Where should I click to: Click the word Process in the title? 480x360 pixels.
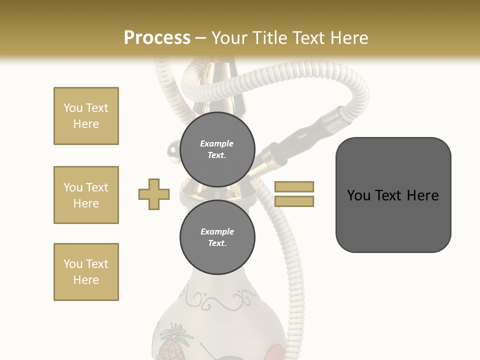157,38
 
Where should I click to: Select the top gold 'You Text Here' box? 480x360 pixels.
86,116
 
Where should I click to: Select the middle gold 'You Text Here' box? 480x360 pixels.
86,195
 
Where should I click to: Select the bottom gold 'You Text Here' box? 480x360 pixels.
86,272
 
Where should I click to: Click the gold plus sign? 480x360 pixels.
154,194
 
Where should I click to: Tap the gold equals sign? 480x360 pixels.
294,194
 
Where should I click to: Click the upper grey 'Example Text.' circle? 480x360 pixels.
217,149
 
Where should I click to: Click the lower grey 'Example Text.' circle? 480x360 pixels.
217,237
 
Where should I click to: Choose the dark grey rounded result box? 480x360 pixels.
393,195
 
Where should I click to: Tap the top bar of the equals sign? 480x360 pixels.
294,186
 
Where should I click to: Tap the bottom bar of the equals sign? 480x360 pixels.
294,201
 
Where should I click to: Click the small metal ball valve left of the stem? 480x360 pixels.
172,148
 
